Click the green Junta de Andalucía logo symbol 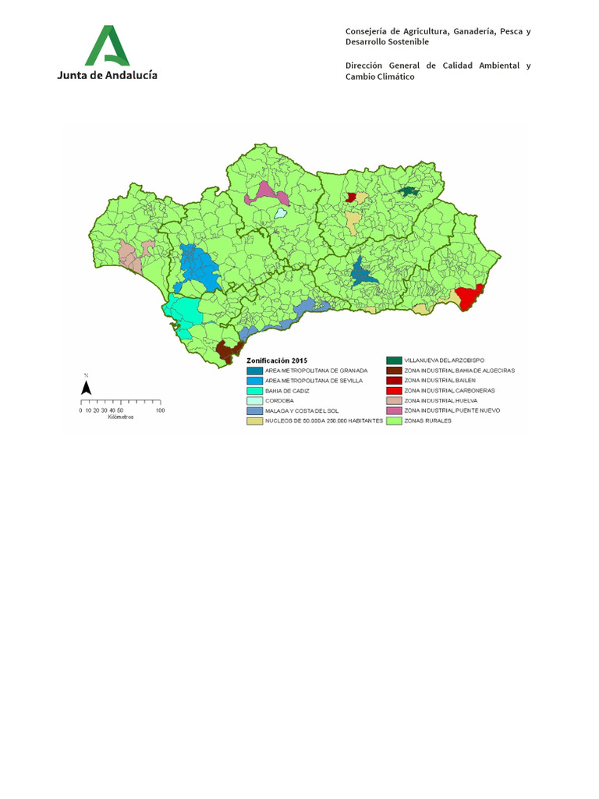coord(107,45)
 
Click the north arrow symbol coord(87,387)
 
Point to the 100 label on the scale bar coord(160,410)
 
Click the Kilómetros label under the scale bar coord(121,417)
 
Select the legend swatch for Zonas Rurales coord(393,421)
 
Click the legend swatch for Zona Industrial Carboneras coord(393,390)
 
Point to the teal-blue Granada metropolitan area coord(362,273)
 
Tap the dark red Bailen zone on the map coord(351,197)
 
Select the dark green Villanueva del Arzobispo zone coord(408,191)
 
